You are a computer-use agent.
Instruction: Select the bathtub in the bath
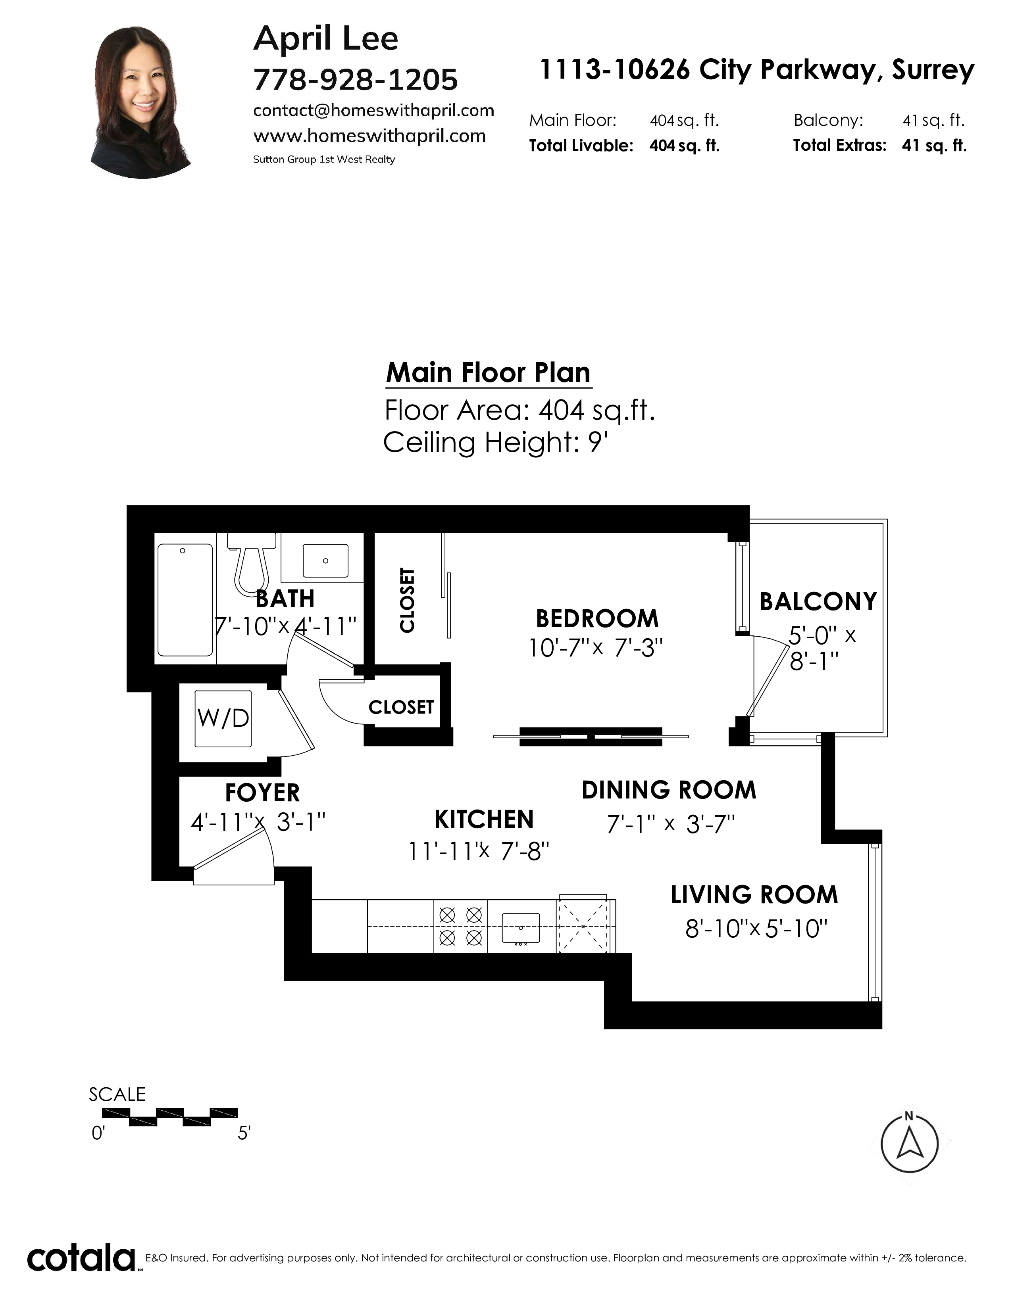tap(185, 600)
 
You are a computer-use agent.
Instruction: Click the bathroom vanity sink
tap(325, 560)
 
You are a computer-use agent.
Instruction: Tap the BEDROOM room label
tap(597, 618)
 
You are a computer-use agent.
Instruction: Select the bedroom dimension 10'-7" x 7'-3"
tap(595, 648)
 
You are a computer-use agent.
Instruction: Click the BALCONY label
tap(818, 602)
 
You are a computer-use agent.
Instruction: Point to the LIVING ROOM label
tap(754, 895)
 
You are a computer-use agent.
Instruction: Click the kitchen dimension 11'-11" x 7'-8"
tap(479, 851)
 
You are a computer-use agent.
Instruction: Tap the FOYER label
tap(262, 793)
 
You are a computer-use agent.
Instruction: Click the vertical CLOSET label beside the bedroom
tap(407, 600)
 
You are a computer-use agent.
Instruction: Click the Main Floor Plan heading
tap(488, 373)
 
